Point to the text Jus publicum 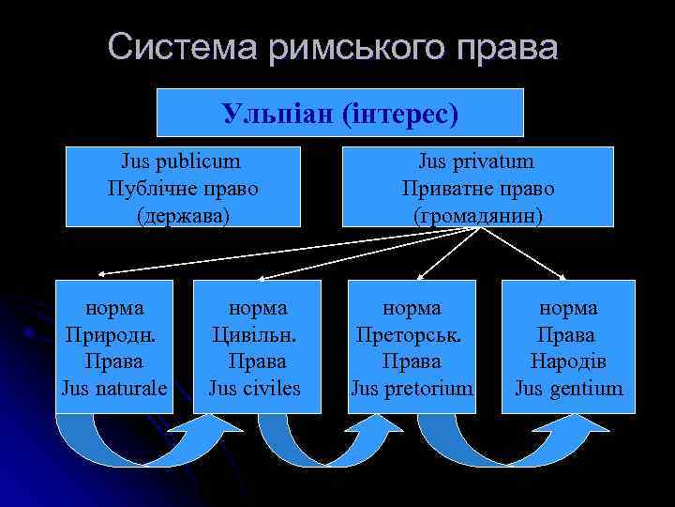(x=182, y=161)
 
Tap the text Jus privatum (x=477, y=161)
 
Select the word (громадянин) (x=477, y=215)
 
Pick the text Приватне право (x=477, y=188)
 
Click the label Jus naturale (x=114, y=387)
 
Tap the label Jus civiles (x=255, y=387)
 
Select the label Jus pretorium (x=412, y=387)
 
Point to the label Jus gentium (x=568, y=387)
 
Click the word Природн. (x=110, y=334)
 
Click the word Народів (x=567, y=361)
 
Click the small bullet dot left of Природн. (x=31, y=332)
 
